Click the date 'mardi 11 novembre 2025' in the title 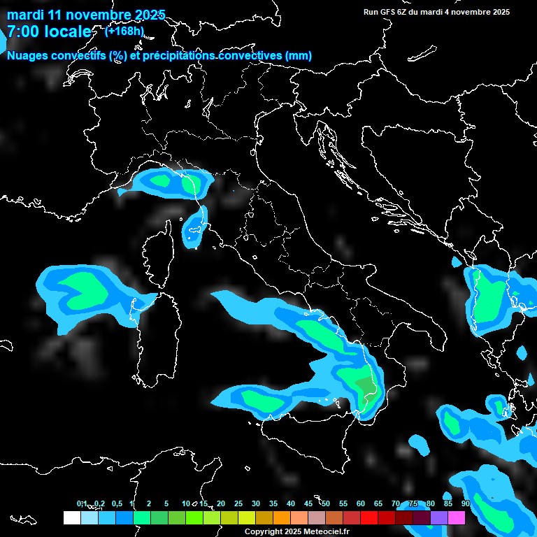[86, 15]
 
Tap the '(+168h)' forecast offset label [124, 31]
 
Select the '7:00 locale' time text [49, 32]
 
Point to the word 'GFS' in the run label [387, 12]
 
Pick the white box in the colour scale [71, 518]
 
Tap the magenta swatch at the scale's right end [456, 518]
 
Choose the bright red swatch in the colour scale [368, 518]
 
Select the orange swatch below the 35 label [281, 518]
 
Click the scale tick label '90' [466, 503]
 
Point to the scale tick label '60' [361, 503]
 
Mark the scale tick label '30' [256, 503]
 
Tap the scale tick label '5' [166, 503]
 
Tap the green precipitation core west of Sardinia [80, 287]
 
